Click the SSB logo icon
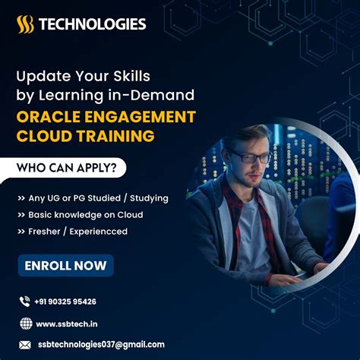(x=25, y=25)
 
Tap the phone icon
(x=25, y=302)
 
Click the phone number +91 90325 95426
(x=66, y=302)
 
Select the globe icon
(x=25, y=323)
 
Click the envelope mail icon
(x=25, y=344)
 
